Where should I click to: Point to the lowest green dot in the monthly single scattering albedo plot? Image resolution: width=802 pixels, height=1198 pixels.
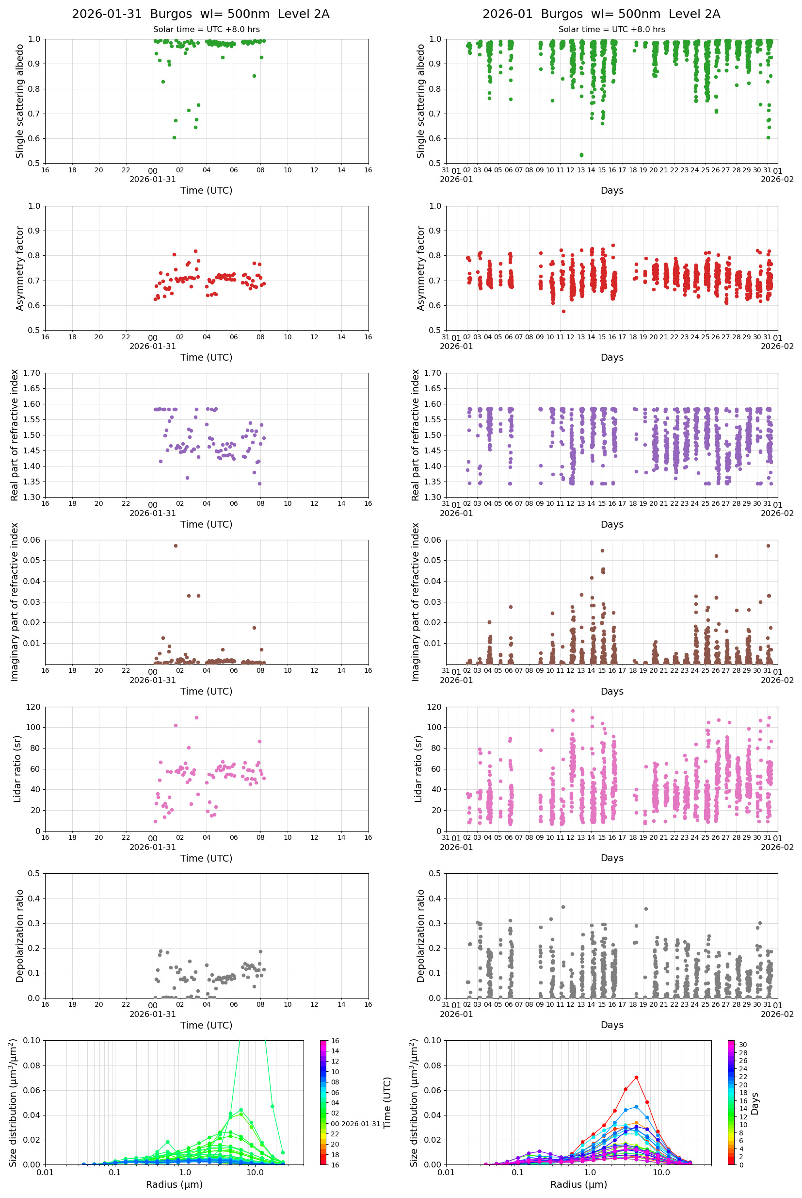click(581, 155)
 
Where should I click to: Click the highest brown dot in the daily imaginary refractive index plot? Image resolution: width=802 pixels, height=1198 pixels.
click(176, 546)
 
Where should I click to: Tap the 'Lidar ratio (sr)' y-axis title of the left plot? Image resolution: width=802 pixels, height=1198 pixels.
click(17, 768)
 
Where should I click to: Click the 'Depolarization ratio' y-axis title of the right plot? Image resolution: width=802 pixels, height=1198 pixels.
click(420, 936)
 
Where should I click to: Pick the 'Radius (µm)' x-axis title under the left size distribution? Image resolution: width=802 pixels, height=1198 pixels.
click(174, 1185)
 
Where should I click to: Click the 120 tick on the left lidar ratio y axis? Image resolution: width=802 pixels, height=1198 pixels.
click(33, 707)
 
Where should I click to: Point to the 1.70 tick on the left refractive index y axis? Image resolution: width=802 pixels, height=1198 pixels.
click(32, 373)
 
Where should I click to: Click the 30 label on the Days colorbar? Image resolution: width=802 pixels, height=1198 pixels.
click(743, 1045)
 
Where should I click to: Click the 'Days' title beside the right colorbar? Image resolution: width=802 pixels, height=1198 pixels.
click(755, 1103)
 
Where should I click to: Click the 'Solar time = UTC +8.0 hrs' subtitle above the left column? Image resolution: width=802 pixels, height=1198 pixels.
click(206, 30)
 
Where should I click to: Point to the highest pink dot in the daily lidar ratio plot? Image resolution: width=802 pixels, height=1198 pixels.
click(196, 718)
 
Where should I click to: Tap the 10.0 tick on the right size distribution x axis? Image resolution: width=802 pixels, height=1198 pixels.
click(661, 1173)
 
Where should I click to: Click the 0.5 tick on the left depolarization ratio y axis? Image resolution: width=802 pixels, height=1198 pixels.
click(34, 874)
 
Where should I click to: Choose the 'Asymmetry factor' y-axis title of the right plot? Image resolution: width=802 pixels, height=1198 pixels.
click(420, 268)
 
